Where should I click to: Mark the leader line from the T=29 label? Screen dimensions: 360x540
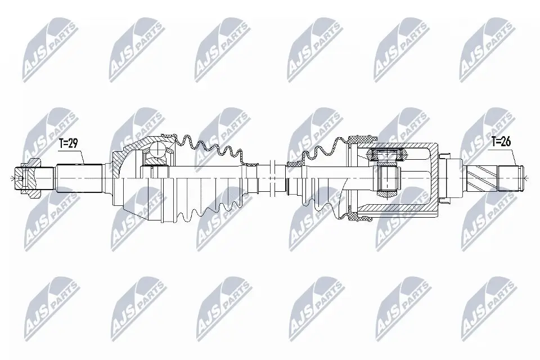[80, 156]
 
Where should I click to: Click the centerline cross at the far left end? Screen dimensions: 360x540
[12, 178]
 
